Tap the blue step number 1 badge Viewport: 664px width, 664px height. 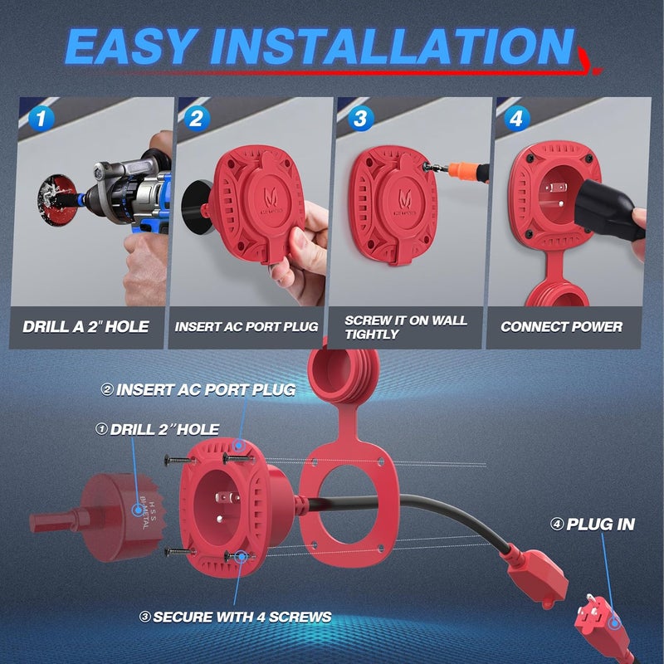click(41, 119)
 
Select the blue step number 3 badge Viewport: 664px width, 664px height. click(359, 119)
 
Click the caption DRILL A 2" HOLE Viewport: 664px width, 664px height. click(85, 326)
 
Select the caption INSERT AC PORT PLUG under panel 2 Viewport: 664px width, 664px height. click(247, 327)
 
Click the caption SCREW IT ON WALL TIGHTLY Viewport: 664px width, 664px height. click(407, 327)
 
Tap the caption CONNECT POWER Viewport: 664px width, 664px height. click(562, 327)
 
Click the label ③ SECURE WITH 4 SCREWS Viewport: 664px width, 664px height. click(242, 617)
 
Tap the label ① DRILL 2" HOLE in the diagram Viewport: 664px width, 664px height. click(157, 429)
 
